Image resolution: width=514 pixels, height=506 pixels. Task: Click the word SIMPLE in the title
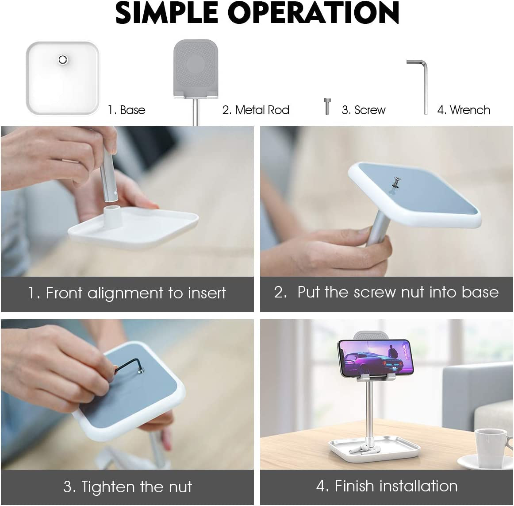coord(167,13)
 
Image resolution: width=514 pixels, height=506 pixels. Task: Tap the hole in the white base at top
coord(63,60)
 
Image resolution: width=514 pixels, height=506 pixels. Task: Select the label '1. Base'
coord(127,110)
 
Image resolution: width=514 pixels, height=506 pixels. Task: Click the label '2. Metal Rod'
coord(256,110)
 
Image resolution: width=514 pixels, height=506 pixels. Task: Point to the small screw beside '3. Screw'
coord(327,106)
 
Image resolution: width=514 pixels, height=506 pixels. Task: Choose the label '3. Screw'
coord(364,110)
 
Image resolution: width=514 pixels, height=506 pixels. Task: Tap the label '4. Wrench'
coord(464,110)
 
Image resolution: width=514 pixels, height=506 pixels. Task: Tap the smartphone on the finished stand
coord(376,358)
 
